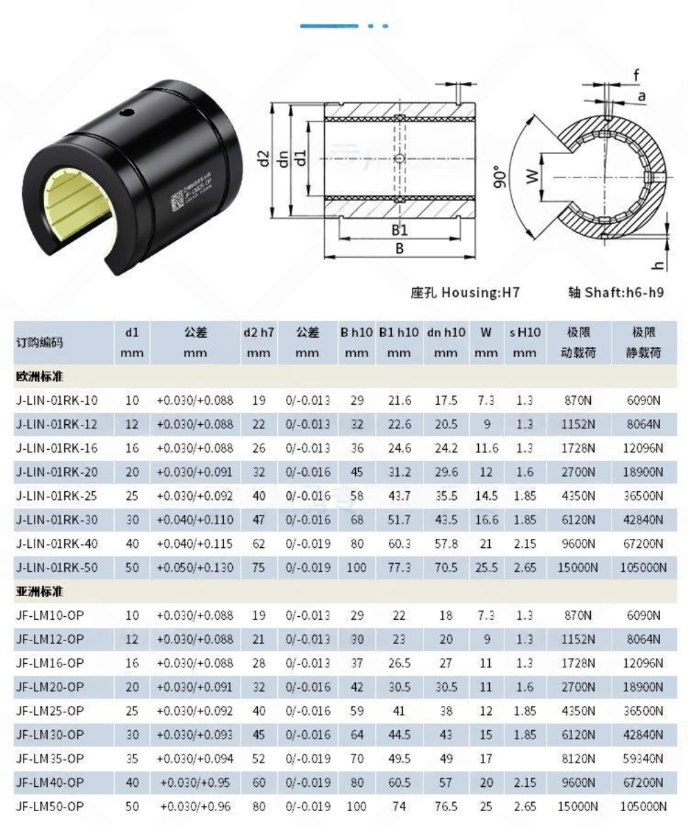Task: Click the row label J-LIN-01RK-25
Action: coord(57,495)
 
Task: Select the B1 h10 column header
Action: coord(399,332)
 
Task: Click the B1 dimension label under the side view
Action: coord(399,230)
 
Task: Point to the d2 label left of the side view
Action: coord(262,159)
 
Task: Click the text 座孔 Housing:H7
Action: coord(464,292)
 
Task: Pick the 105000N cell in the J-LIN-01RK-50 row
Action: coord(644,567)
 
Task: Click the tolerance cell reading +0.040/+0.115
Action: coord(195,544)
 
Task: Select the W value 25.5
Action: coord(486,567)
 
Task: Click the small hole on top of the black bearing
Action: coord(126,111)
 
